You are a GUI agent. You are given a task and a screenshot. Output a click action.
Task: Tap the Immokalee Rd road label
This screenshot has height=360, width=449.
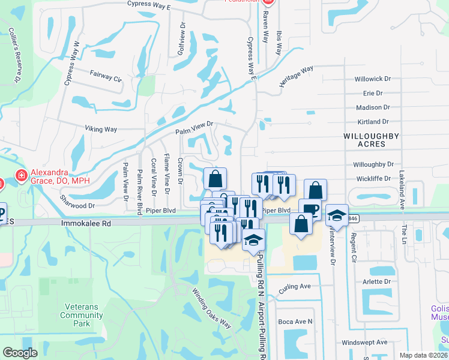tap(86, 222)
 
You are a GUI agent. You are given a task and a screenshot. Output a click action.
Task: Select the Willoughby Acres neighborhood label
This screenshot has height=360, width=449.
tap(371, 140)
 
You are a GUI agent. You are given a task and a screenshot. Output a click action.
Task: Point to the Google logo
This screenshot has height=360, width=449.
tap(20, 352)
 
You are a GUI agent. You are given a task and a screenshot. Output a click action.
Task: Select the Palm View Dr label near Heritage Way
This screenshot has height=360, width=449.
tap(194, 127)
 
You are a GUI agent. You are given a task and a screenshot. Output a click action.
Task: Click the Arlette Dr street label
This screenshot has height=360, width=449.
tap(376, 281)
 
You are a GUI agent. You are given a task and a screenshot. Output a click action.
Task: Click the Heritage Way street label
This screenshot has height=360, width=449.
tap(297, 77)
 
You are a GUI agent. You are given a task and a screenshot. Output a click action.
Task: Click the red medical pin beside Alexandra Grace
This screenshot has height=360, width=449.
tap(22, 175)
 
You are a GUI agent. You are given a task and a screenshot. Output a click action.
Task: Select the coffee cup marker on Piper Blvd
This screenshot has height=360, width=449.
tap(310, 209)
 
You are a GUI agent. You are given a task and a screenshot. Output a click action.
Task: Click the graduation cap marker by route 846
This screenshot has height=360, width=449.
tap(337, 215)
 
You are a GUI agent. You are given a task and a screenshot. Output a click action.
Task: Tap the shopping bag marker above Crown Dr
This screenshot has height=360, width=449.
tap(215, 178)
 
